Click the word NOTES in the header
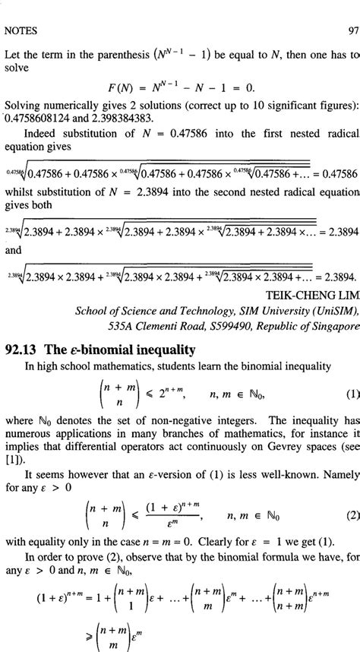point(21,31)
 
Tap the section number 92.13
point(24,350)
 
